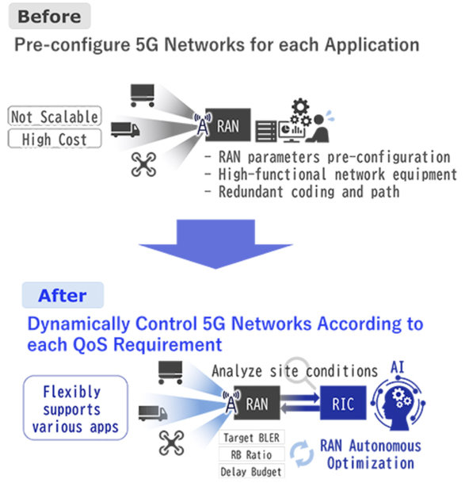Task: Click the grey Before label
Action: click(49, 16)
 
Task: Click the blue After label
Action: click(63, 296)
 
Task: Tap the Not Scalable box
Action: click(55, 117)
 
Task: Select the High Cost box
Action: click(55, 140)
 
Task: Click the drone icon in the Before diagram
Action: click(146, 164)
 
